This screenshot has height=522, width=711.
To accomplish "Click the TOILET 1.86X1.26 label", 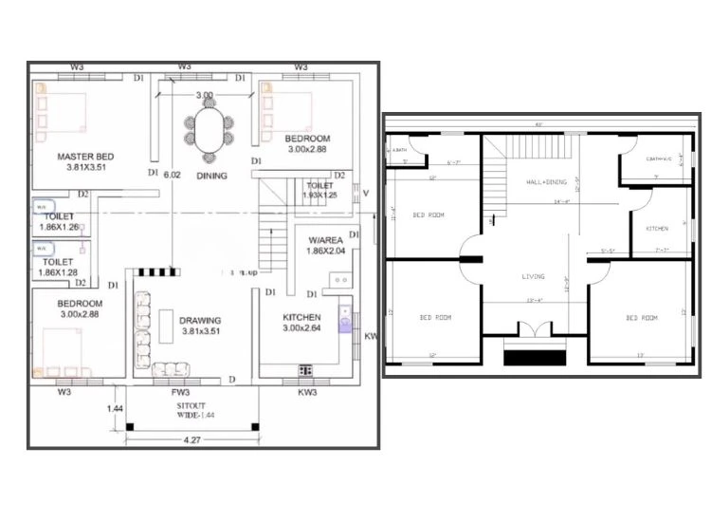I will (x=59, y=222).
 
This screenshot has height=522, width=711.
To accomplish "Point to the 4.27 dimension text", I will (x=191, y=439).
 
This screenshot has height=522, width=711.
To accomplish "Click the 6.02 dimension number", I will (x=172, y=176).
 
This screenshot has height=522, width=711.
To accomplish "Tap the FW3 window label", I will (x=180, y=391).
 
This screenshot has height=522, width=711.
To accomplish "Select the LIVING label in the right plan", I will (x=534, y=277).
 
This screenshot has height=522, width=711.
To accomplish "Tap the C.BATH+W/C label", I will (x=657, y=159).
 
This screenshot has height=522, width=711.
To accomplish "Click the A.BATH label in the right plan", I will (x=399, y=150).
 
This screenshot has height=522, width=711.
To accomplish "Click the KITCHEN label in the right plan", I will (x=657, y=229).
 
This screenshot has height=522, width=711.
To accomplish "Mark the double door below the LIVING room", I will (x=534, y=331).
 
